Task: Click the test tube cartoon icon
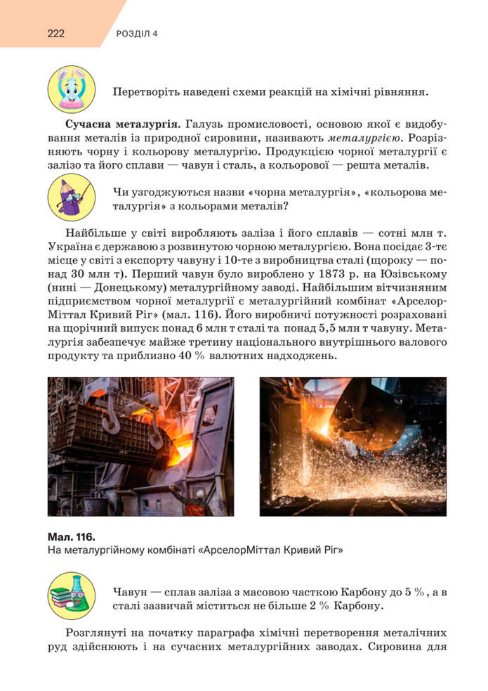[x=71, y=89]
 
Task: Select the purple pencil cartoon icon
[x=71, y=198]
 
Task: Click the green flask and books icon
[x=71, y=595]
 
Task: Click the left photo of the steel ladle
[x=140, y=446]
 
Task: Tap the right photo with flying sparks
[x=352, y=446]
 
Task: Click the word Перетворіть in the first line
[x=146, y=92]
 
